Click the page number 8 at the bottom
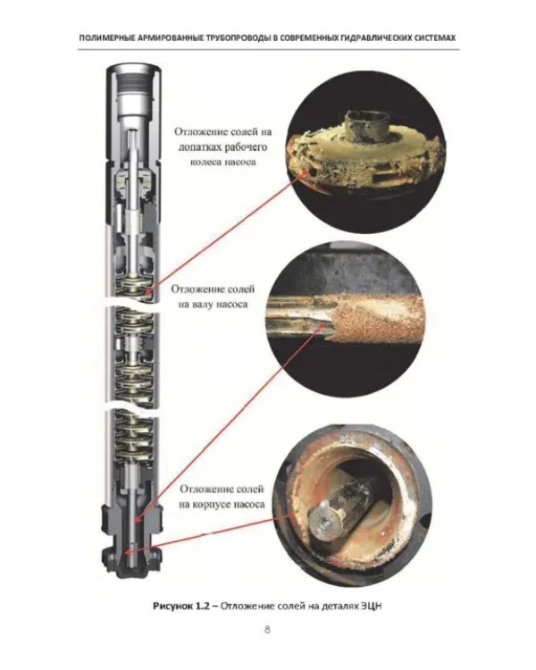pos(267,630)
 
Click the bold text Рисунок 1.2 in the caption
pos(181,606)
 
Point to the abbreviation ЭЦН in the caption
pos(372,606)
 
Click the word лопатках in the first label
pos(198,147)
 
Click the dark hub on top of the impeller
pos(364,125)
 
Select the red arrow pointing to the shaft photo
pos(228,424)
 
